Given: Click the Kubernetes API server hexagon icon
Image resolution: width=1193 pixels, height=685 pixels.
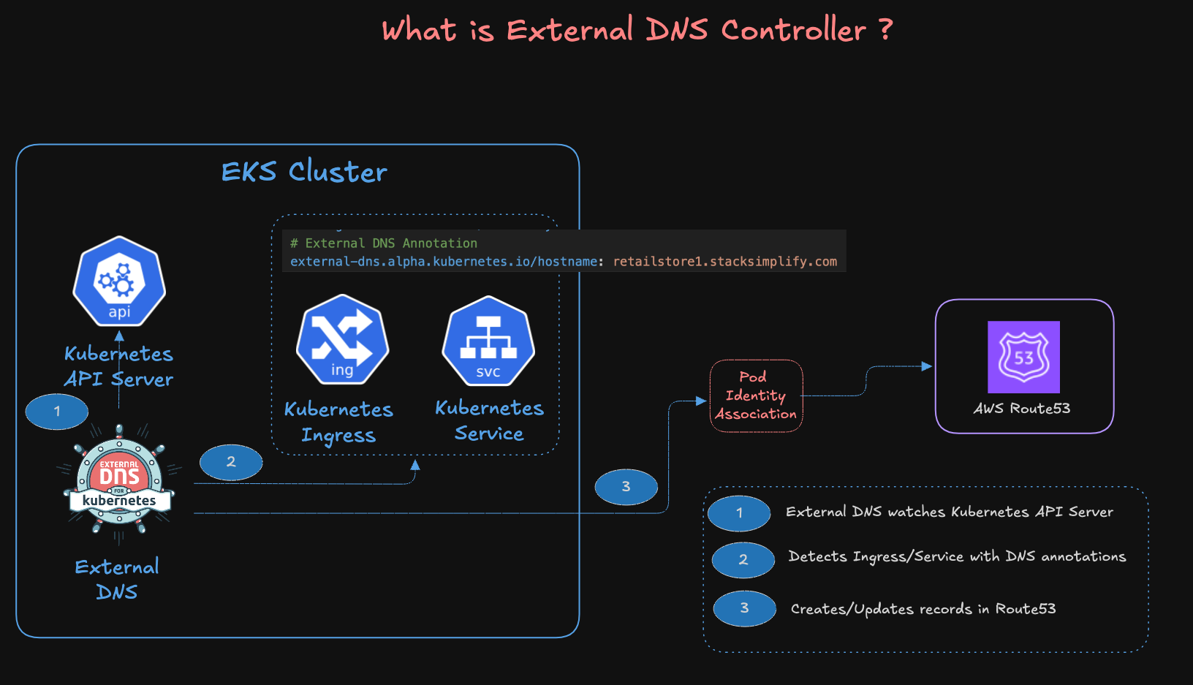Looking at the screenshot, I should click(x=119, y=281).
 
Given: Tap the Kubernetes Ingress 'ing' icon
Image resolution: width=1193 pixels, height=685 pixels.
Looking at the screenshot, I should click(x=342, y=339).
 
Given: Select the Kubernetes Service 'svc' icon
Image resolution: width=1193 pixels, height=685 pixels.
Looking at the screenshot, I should click(x=488, y=341).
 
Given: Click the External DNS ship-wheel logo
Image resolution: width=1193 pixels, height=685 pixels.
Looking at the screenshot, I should click(x=119, y=482).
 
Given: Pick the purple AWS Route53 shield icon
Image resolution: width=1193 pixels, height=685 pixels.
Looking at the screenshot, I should click(x=1023, y=357).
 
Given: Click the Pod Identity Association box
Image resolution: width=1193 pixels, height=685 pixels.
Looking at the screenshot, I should click(x=756, y=396).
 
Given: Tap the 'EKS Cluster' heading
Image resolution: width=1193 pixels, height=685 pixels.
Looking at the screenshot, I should click(x=304, y=172).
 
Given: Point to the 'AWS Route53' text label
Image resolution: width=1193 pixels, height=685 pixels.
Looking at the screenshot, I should click(x=1021, y=409).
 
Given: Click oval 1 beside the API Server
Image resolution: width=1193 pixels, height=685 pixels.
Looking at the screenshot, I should click(x=57, y=412).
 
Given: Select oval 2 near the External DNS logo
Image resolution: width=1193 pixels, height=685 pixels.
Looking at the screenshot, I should click(x=231, y=462).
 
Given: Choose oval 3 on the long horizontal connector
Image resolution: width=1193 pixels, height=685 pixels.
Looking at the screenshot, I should click(x=626, y=487).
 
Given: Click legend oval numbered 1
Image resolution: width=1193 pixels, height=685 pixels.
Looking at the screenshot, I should click(x=739, y=513).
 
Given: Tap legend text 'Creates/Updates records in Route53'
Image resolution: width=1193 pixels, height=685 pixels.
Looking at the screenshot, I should click(x=923, y=609).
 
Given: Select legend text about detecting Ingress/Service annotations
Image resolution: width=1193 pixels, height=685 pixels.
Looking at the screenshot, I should click(x=956, y=557).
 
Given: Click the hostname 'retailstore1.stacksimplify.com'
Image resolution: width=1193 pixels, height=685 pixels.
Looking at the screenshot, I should click(x=724, y=262).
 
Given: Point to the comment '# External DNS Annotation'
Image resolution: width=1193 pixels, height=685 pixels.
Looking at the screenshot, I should click(x=384, y=243).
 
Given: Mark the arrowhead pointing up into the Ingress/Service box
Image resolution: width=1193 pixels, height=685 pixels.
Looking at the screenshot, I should click(x=415, y=465).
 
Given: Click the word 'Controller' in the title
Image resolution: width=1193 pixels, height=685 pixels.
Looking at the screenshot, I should click(x=793, y=31).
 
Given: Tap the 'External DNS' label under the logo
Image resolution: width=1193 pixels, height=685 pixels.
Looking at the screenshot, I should click(x=117, y=579).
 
